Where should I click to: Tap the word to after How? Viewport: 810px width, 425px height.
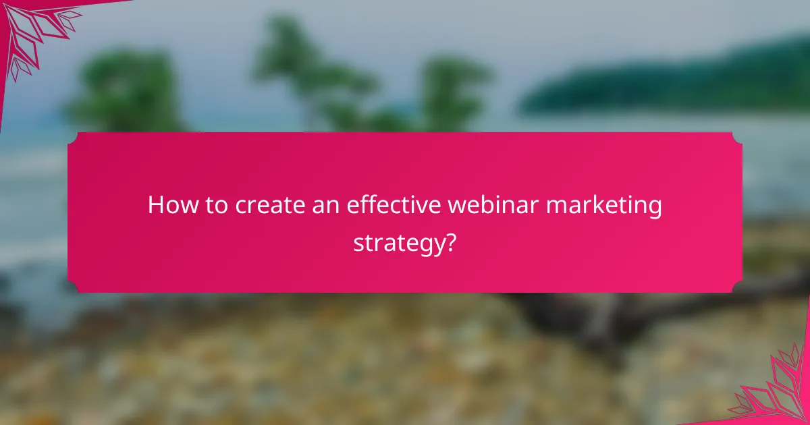pyautogui.click(x=216, y=206)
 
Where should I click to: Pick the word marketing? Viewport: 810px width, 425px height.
pyautogui.click(x=605, y=206)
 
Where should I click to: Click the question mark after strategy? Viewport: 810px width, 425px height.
pyautogui.click(x=449, y=241)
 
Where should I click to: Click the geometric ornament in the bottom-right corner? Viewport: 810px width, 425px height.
pyautogui.click(x=776, y=391)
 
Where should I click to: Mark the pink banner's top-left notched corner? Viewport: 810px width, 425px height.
pyautogui.click(x=73, y=138)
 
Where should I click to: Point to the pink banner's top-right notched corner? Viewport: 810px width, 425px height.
pyautogui.click(x=737, y=138)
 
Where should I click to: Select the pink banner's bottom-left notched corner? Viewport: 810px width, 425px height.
pyautogui.click(x=73, y=287)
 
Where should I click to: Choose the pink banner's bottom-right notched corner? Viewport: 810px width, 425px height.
pyautogui.click(x=737, y=287)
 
